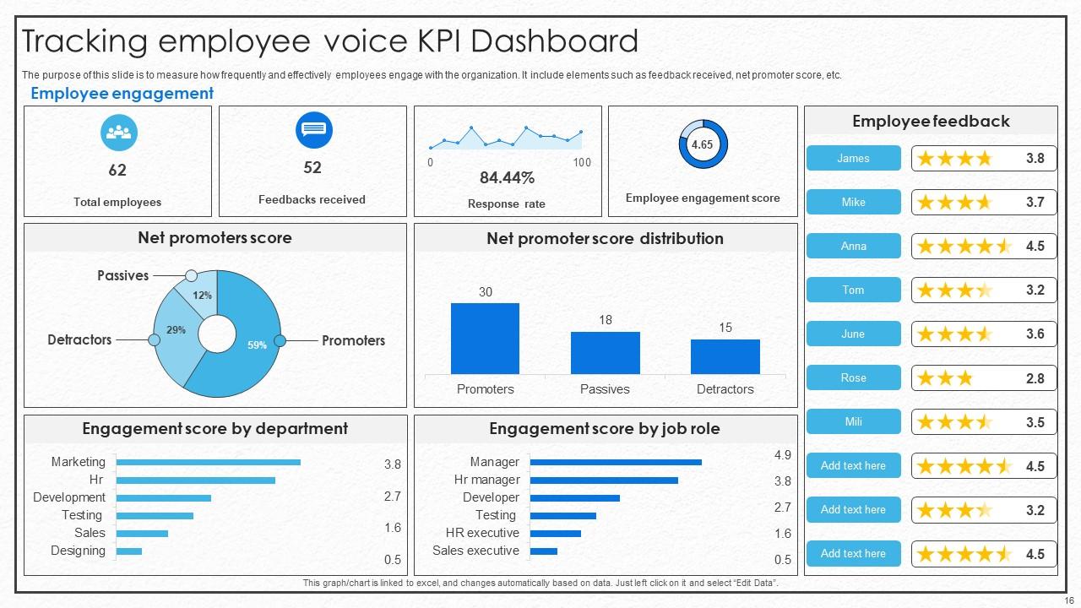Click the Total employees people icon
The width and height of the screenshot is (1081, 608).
tap(118, 133)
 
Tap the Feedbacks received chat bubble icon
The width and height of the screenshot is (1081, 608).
tap(313, 130)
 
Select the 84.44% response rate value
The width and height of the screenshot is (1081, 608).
tap(507, 178)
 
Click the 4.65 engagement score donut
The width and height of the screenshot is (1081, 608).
tap(702, 144)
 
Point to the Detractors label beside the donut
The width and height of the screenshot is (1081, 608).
tap(79, 339)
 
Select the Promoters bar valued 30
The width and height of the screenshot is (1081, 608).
tap(485, 339)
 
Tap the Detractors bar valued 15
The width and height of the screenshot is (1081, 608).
tap(725, 356)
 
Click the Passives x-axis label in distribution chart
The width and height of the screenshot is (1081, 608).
tap(605, 389)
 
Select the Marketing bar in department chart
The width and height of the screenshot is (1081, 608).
tap(208, 462)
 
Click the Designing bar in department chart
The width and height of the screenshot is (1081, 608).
tap(128, 551)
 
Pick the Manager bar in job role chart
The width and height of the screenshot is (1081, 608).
tap(616, 462)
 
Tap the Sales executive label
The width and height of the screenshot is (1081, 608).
tap(475, 551)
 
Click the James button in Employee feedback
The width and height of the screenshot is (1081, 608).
tap(853, 158)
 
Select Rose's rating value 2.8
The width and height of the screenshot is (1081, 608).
tap(1035, 378)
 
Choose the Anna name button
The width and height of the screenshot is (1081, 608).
tap(853, 246)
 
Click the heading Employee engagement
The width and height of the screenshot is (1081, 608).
tap(122, 94)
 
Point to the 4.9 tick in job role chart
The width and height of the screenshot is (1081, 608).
tap(782, 455)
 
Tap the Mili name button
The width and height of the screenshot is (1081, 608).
tap(853, 421)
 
